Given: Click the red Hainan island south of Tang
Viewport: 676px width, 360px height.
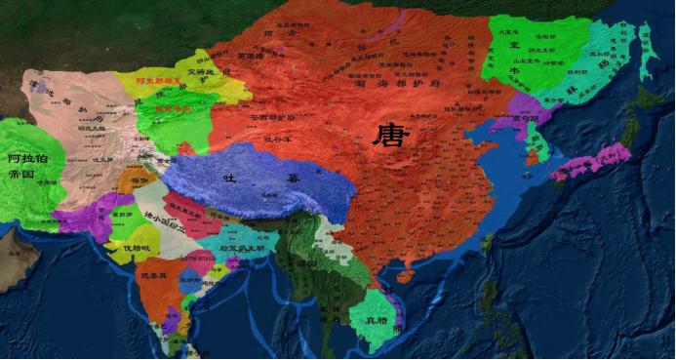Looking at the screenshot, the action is tap(407, 276).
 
